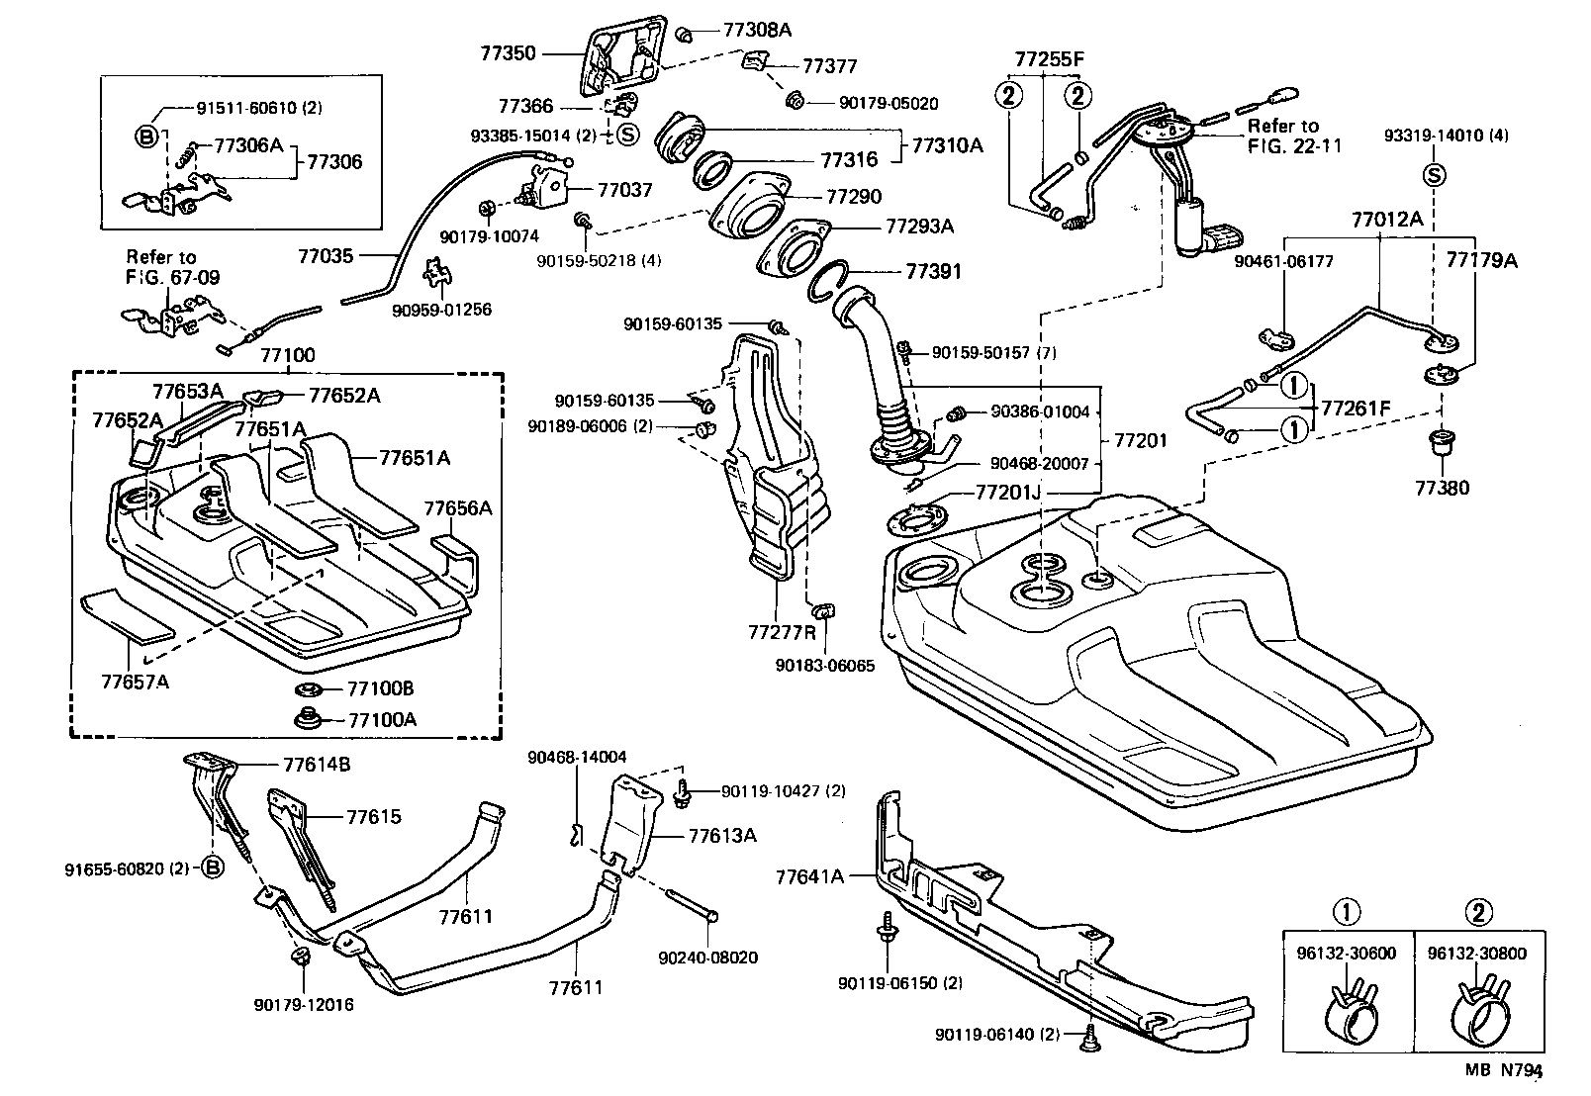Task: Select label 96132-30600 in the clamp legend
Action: click(x=1347, y=954)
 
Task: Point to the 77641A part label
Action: click(x=809, y=875)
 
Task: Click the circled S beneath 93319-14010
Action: click(x=1434, y=175)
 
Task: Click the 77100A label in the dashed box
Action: click(x=382, y=719)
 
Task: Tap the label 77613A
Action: click(x=722, y=836)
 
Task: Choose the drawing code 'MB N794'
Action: click(x=1504, y=1070)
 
